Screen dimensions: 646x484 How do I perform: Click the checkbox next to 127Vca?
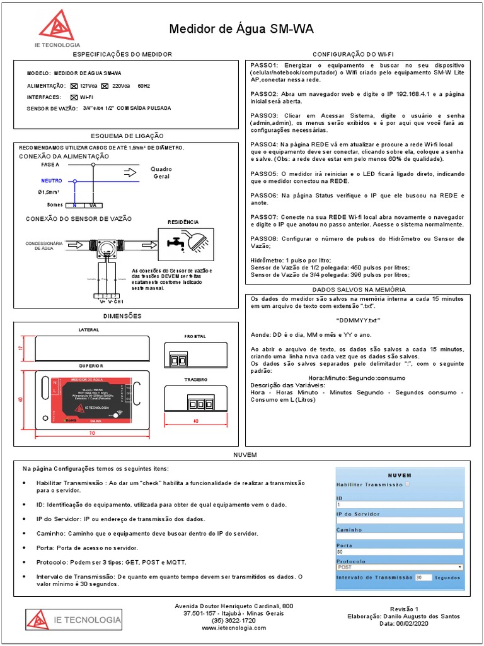(74, 86)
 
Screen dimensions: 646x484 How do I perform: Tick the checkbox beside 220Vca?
(107, 86)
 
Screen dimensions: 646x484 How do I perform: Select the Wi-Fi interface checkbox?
(74, 97)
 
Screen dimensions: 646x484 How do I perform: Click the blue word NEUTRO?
(52, 180)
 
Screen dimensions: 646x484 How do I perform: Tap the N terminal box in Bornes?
(74, 205)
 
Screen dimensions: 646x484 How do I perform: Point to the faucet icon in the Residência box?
(175, 242)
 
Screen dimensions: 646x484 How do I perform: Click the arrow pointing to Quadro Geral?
(130, 172)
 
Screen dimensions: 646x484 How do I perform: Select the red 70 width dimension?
(92, 433)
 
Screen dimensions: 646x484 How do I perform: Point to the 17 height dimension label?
(20, 348)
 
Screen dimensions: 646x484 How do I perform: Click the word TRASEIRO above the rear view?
(195, 380)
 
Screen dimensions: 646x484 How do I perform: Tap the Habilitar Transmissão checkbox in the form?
(407, 484)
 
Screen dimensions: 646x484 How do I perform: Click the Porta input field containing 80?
(400, 552)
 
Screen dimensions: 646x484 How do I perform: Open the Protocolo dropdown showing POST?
(400, 567)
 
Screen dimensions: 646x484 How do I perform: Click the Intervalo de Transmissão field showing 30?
(423, 577)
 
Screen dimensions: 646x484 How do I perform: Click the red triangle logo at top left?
(56, 26)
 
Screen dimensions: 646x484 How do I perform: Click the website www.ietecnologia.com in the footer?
(234, 628)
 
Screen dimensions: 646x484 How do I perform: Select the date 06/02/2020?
(412, 623)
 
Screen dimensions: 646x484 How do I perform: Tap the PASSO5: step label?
(264, 173)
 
